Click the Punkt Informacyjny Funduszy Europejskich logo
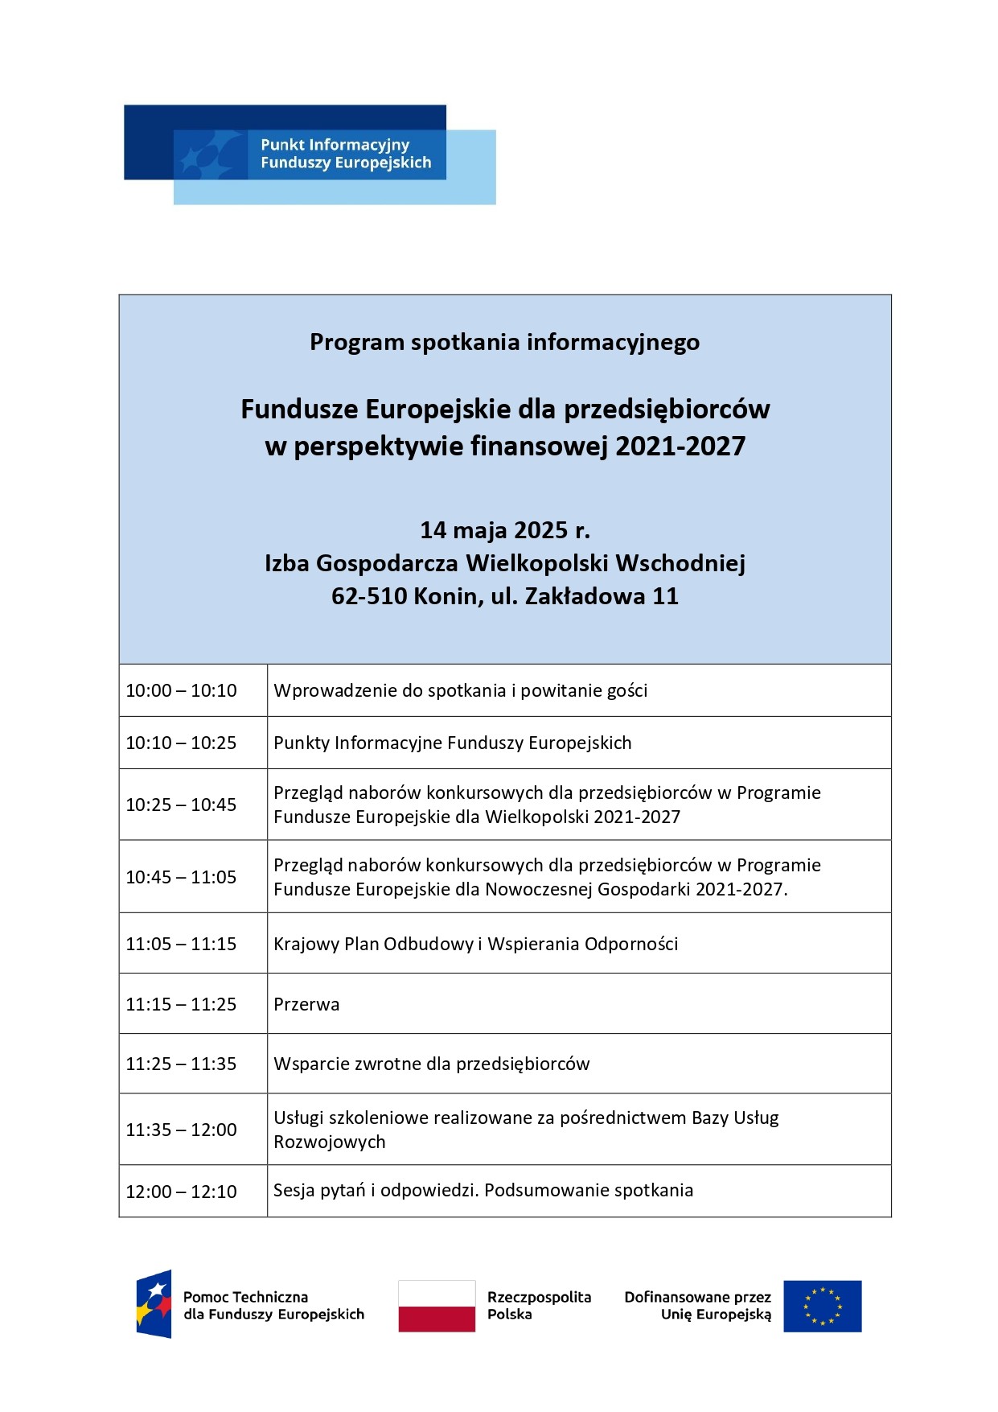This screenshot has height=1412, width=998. tap(310, 154)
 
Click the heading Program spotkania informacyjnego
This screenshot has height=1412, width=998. tap(504, 342)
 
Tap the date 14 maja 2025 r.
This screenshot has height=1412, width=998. tap(504, 530)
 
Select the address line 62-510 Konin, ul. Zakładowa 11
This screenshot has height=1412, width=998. tap(504, 596)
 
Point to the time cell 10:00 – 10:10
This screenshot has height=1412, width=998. tap(181, 690)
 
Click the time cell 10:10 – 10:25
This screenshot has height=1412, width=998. tap(181, 743)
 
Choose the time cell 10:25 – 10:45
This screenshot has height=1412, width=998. tap(181, 805)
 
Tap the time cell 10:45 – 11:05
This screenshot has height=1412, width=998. tap(181, 877)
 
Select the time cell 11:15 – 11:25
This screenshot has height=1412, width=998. tap(181, 1004)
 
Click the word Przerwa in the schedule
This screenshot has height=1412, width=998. tap(306, 1004)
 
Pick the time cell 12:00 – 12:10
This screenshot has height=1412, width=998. tap(181, 1192)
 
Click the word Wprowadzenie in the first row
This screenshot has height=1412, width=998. tap(328, 690)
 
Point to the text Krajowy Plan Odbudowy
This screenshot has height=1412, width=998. tap(374, 944)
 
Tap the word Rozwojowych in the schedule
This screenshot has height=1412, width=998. tap(329, 1142)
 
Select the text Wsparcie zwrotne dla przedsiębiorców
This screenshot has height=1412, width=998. tap(431, 1064)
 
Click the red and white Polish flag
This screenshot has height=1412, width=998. tap(437, 1306)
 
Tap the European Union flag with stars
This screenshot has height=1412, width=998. tap(822, 1306)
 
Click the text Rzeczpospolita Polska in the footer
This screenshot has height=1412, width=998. tap(538, 1305)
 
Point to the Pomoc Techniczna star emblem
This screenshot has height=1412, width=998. tap(154, 1304)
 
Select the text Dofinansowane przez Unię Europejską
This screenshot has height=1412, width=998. tap(697, 1305)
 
